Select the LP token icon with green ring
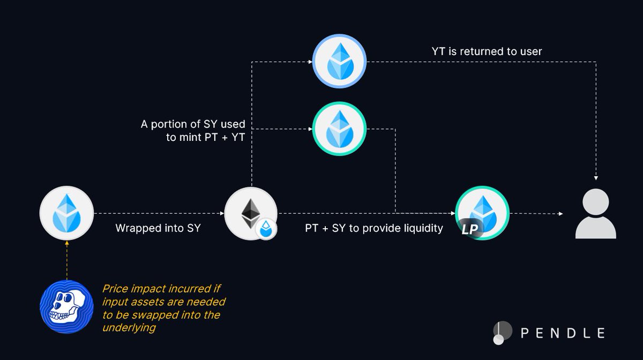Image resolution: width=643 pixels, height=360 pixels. click(482, 213)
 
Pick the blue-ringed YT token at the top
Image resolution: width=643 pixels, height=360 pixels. click(339, 62)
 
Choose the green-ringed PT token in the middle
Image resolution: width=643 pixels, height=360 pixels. click(339, 129)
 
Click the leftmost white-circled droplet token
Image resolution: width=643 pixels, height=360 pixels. click(66, 213)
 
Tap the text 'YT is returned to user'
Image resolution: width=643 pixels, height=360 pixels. click(487, 51)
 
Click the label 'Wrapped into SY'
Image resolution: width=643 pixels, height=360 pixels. click(158, 228)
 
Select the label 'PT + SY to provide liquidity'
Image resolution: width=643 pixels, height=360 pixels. click(374, 228)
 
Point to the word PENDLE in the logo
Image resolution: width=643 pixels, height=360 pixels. click(563, 333)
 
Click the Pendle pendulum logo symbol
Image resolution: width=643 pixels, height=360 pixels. click(499, 333)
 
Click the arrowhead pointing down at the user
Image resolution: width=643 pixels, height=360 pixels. click(595, 178)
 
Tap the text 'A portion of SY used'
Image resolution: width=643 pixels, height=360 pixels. click(193, 124)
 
